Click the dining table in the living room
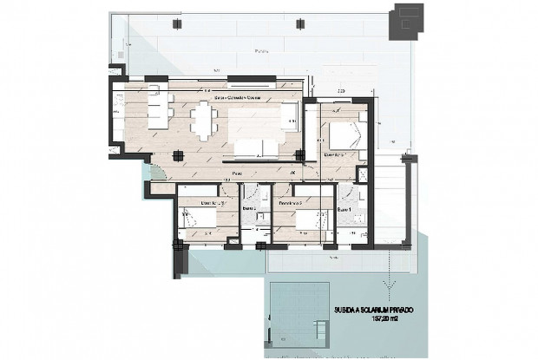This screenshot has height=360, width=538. [x=205, y=121]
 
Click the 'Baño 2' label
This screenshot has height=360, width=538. [x=248, y=209]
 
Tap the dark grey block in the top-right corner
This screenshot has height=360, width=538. [x=407, y=18]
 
